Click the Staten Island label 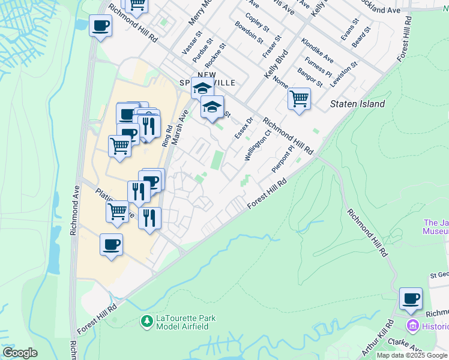(358, 104)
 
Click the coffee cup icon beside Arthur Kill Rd (411, 299)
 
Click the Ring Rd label (166, 136)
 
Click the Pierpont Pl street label (283, 158)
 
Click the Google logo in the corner (19, 353)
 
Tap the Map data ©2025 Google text (412, 355)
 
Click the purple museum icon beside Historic (412, 326)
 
